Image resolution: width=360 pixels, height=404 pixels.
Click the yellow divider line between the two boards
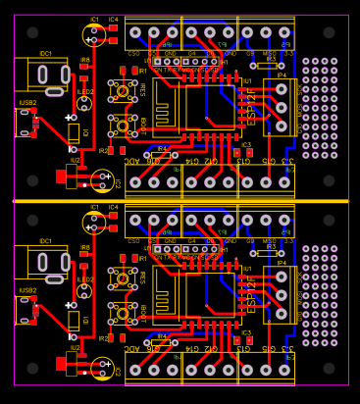coord(180,200)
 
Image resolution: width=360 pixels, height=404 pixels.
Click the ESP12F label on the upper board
coord(251,105)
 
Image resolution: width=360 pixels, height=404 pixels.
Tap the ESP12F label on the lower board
coord(251,295)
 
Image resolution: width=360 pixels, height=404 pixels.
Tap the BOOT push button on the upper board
coord(123,125)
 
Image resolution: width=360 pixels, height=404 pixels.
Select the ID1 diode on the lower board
coord(74,321)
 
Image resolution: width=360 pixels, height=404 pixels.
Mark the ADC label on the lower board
coord(132,348)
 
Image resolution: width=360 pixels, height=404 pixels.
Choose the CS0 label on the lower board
coord(133,241)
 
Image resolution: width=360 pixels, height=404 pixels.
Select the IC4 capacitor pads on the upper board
coord(113,33)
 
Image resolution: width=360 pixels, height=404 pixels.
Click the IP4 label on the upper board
coord(282,75)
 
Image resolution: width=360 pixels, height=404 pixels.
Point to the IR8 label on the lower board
coord(84,248)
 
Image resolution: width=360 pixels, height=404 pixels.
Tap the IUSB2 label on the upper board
coord(27,102)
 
